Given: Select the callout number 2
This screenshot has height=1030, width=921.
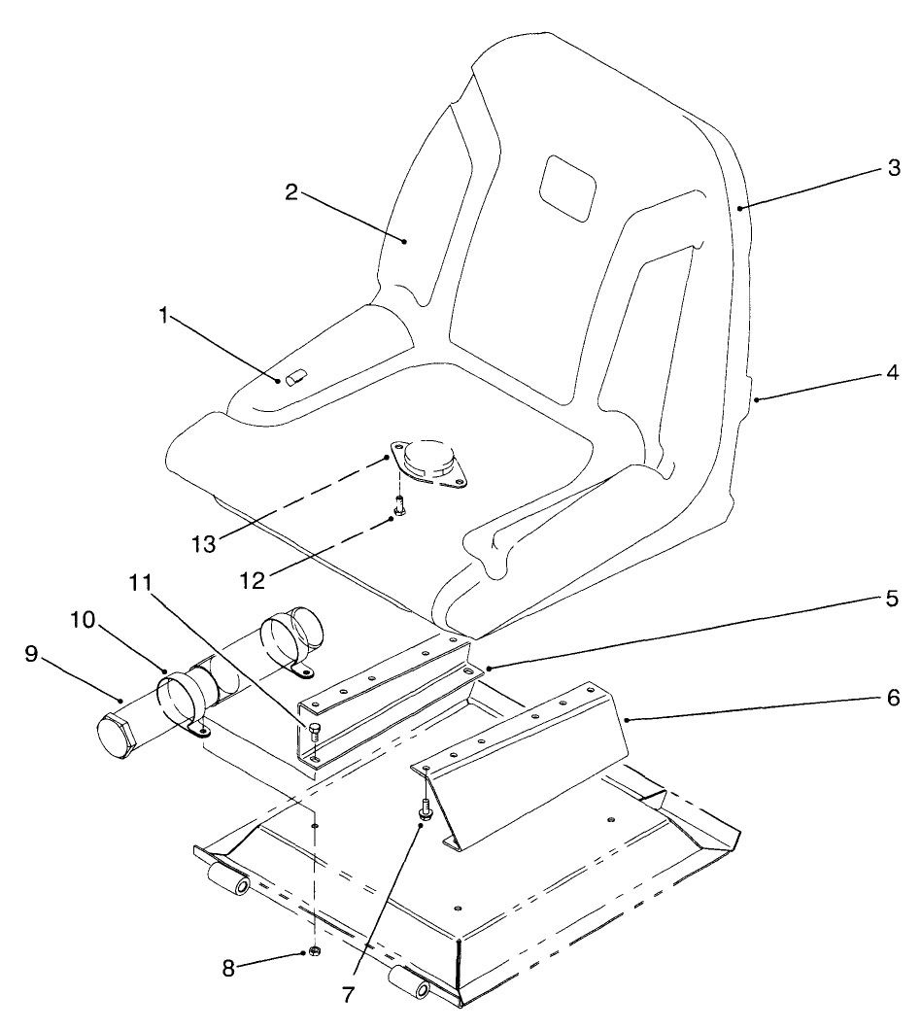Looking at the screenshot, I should [x=290, y=189].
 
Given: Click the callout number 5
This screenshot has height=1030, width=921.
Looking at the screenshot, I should [x=892, y=596].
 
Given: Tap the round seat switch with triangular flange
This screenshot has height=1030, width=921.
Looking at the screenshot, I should [x=427, y=459].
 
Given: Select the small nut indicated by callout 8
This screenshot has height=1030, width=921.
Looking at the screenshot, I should [x=315, y=951].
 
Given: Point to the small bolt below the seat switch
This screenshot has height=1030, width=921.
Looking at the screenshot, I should [x=399, y=506].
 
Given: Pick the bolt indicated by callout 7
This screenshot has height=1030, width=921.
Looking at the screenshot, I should [x=426, y=806].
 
